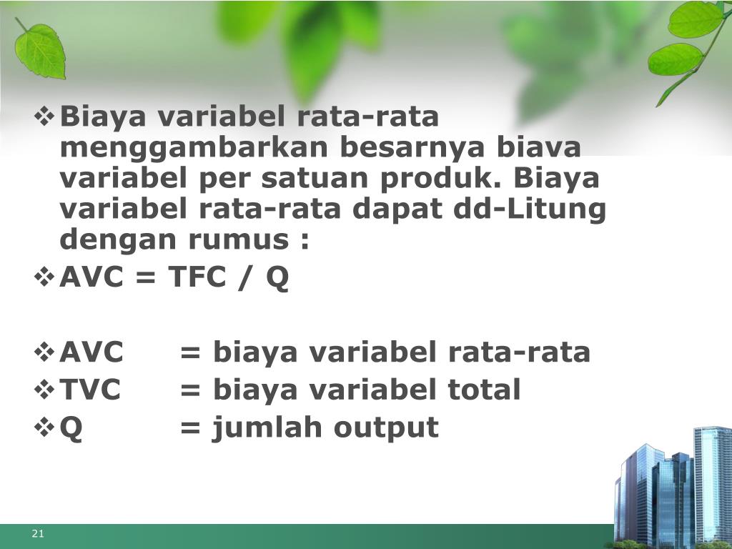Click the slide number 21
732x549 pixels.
(38, 535)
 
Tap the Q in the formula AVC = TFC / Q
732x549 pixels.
(278, 279)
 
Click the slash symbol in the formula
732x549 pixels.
(247, 278)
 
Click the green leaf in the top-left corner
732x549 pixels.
(40, 49)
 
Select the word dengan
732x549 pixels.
(109, 241)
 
